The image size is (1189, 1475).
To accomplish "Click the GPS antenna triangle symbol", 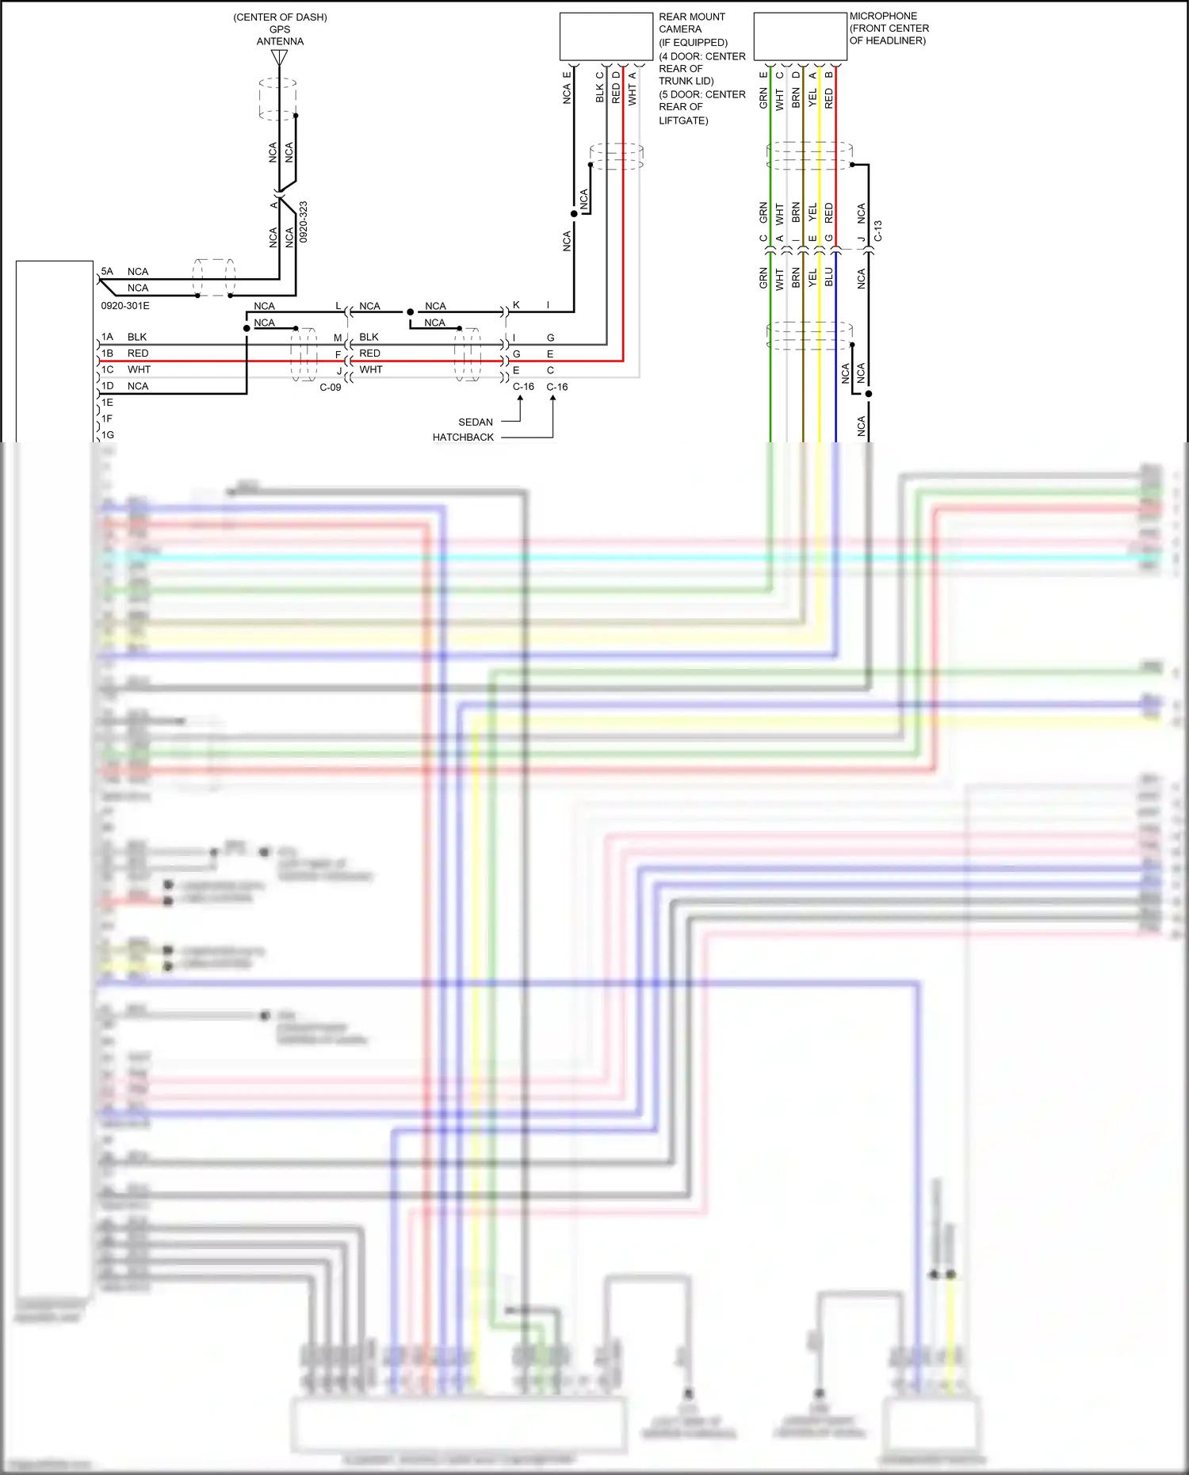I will [279, 58].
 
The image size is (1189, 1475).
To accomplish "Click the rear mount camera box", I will [606, 36].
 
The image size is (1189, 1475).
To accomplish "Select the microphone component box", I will [801, 36].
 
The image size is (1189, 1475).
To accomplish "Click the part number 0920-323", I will [304, 221].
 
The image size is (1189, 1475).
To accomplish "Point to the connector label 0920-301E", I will [125, 305].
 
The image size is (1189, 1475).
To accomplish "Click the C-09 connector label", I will [331, 388].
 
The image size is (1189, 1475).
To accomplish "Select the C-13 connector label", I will [878, 231].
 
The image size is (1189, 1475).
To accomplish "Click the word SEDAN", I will [476, 422].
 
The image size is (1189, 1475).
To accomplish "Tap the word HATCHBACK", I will [463, 438].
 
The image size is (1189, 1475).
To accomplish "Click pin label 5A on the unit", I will [107, 271].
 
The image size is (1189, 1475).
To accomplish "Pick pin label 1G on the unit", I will [108, 435].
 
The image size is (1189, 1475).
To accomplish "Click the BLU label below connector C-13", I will [829, 277].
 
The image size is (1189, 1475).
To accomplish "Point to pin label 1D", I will [108, 386].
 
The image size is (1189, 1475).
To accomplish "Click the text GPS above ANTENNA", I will [280, 29].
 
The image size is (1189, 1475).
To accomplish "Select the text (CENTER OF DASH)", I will [280, 17].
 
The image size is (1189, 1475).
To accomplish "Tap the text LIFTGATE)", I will [683, 120].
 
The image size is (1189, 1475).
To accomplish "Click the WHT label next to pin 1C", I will [139, 369].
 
